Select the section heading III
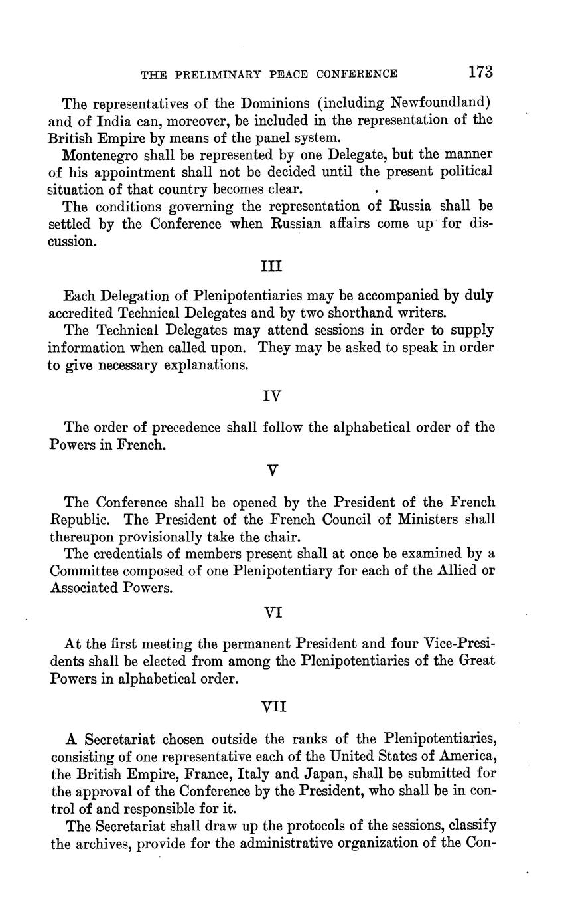(x=271, y=266)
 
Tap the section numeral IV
(x=272, y=396)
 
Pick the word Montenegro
(x=99, y=154)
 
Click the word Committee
(x=86, y=571)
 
